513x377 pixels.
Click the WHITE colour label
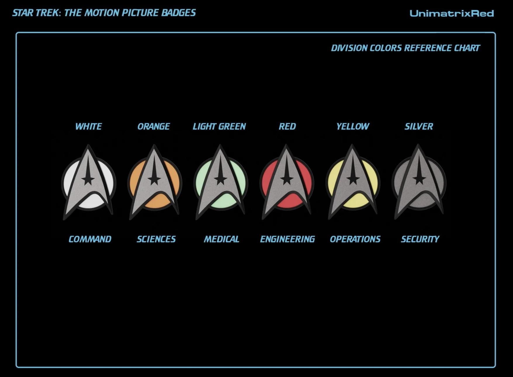pos(89,127)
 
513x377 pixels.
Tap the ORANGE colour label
pos(154,127)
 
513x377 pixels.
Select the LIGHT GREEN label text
pos(219,127)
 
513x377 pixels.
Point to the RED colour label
pos(287,127)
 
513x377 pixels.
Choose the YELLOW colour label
pos(353,127)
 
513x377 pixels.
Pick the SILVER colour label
pos(419,127)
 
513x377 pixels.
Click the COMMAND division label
pos(90,239)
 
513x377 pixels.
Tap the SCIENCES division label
pos(156,239)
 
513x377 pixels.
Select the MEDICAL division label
pos(221,239)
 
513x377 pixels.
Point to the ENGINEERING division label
pos(287,239)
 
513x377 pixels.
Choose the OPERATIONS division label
pos(355,239)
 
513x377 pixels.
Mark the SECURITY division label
pos(420,239)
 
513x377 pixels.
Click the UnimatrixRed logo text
pos(452,13)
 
